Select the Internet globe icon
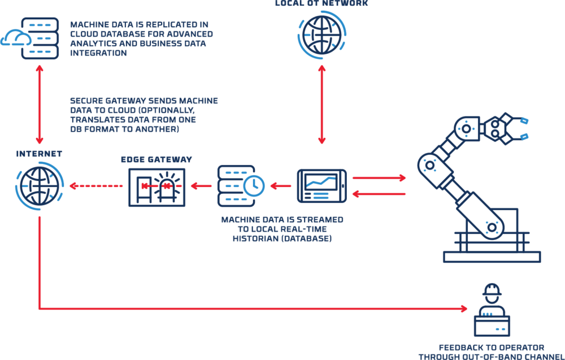tap(39, 185)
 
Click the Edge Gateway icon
tap(157, 186)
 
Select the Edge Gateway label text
tap(157, 160)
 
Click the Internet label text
tap(39, 154)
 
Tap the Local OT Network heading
tap(321, 3)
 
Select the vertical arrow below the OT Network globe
tap(321, 104)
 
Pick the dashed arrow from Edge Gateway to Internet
tap(96, 185)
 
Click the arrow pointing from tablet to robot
tap(379, 177)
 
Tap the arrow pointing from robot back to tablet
tap(379, 194)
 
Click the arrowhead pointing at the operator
tap(464, 309)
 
